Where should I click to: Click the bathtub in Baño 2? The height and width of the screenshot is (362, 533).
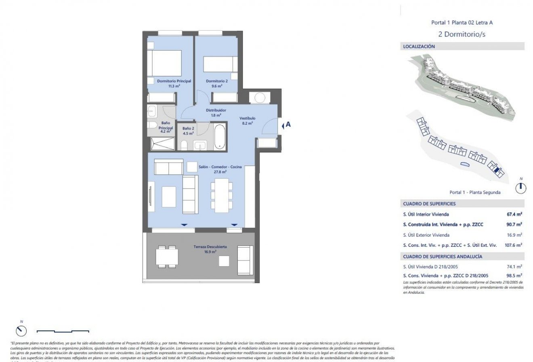(220, 137)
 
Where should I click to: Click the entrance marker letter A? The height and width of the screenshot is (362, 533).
(288, 125)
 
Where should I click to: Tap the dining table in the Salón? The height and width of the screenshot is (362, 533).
(221, 195)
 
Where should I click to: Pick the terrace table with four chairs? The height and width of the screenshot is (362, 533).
(167, 256)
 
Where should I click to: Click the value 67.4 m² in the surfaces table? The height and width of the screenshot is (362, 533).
(514, 214)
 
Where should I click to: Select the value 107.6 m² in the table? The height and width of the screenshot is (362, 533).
(513, 245)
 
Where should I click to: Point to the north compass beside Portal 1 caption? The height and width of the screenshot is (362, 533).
(521, 187)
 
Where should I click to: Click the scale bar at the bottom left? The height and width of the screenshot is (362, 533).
(63, 331)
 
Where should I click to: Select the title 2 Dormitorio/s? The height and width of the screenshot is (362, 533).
(462, 34)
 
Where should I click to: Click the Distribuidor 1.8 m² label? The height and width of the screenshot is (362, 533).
(216, 112)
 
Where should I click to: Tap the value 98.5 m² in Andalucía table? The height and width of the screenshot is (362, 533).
(514, 275)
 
